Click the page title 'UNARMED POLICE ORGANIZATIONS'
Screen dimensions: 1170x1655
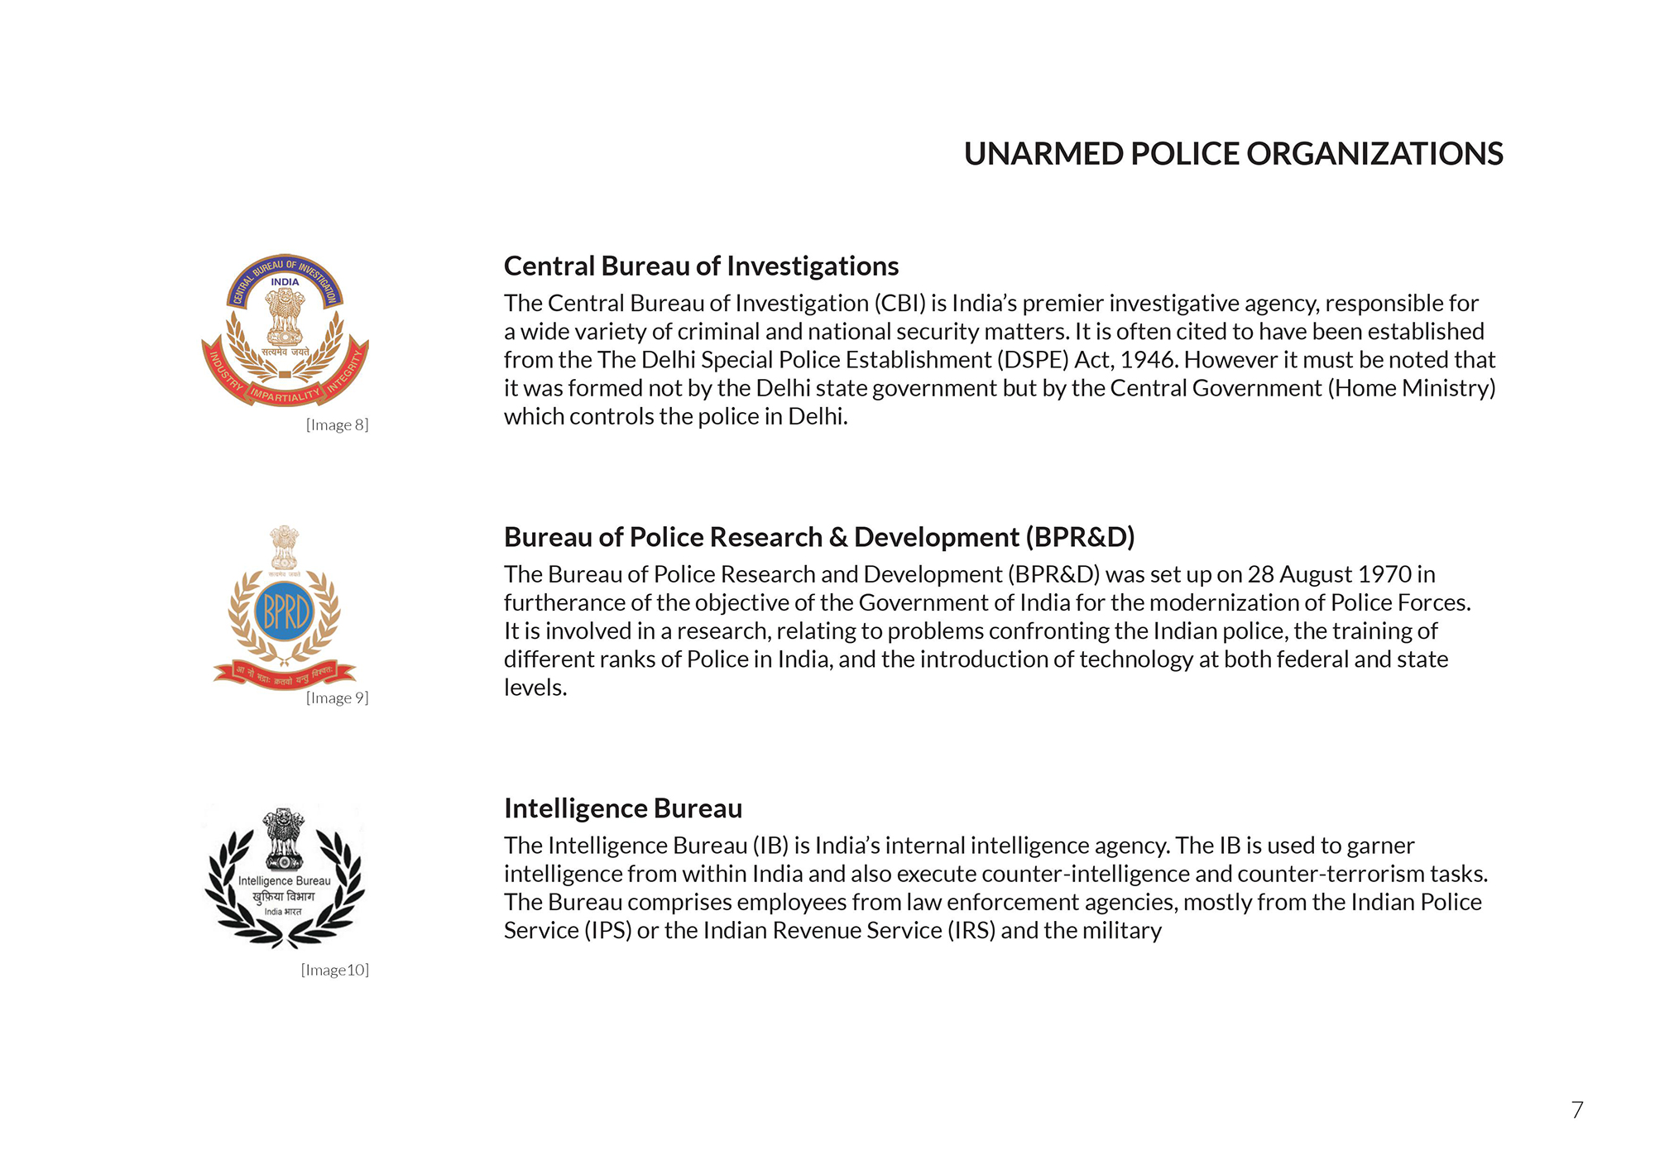(1233, 154)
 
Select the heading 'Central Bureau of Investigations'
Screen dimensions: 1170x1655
(701, 266)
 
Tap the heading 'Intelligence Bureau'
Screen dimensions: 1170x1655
(623, 808)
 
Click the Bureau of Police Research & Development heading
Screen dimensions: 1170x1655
(819, 538)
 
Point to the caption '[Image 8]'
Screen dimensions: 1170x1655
(337, 425)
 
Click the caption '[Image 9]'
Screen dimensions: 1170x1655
(337, 698)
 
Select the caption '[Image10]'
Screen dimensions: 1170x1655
(334, 971)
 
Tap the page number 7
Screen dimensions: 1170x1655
(1576, 1110)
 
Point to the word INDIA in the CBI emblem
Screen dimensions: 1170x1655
(285, 282)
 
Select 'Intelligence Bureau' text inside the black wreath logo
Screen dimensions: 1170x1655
(284, 881)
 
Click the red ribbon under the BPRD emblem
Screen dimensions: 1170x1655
(284, 673)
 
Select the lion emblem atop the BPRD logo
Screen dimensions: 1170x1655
(284, 546)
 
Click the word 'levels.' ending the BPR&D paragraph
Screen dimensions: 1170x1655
(535, 688)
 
